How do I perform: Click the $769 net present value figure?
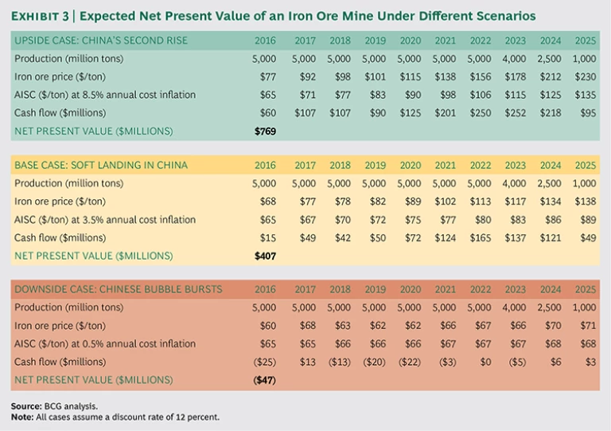[265, 131]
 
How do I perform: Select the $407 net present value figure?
[265, 256]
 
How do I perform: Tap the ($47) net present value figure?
[264, 381]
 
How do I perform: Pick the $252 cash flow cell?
[515, 112]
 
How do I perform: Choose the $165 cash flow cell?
[480, 237]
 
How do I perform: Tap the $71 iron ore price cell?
[586, 327]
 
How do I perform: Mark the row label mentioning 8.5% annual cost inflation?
[104, 95]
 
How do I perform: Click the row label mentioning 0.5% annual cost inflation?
[104, 344]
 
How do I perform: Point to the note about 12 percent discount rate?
[115, 417]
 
